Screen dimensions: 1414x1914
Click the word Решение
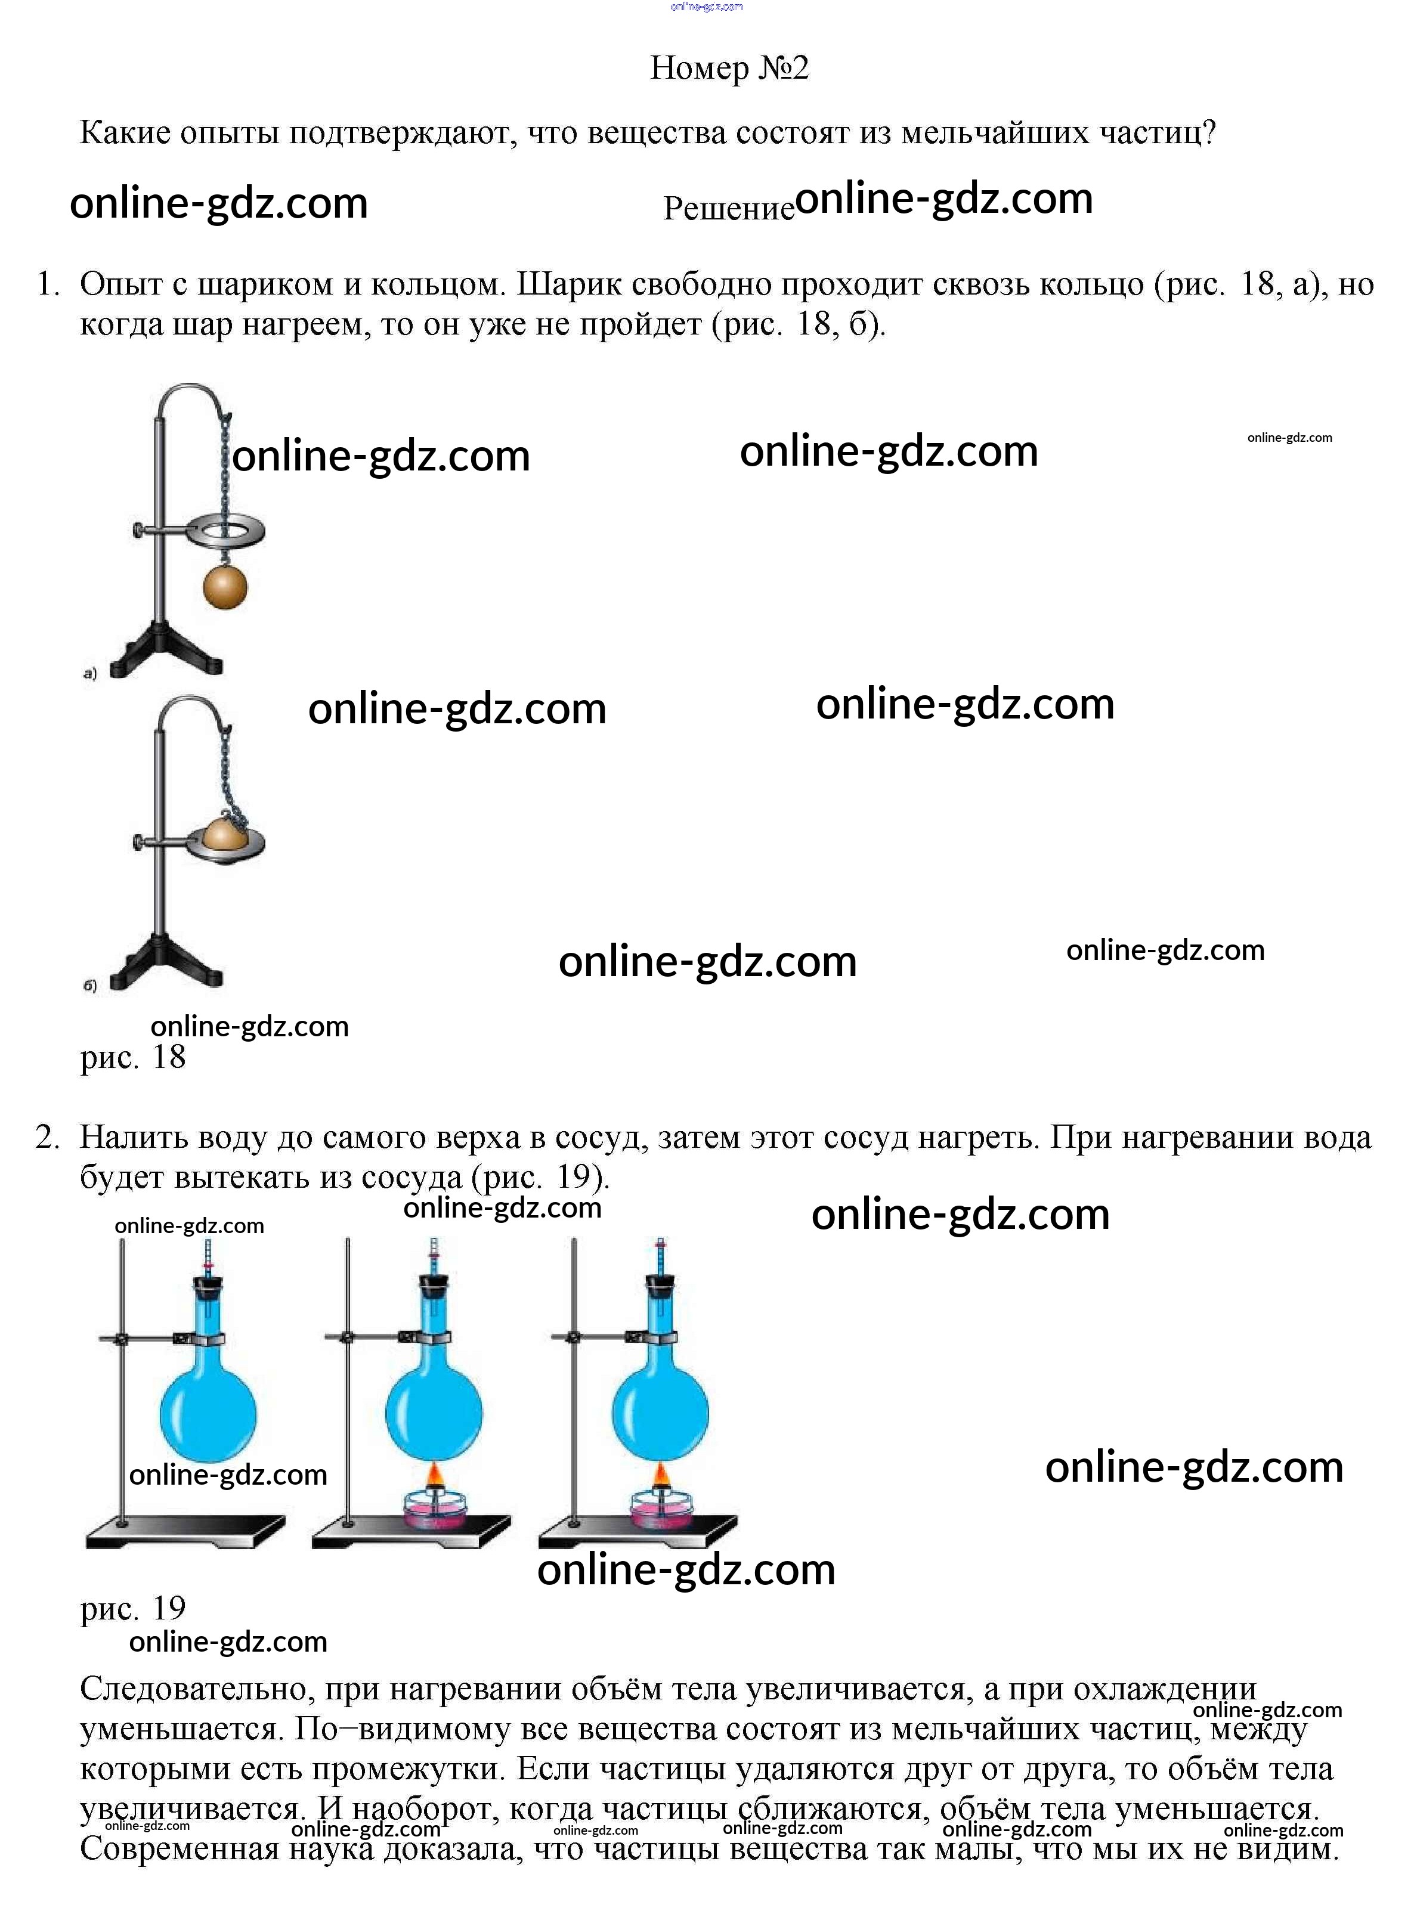click(x=728, y=208)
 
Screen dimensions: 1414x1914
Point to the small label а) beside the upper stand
click(x=91, y=673)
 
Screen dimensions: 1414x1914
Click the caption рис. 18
click(x=132, y=1058)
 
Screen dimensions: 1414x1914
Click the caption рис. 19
click(x=132, y=1609)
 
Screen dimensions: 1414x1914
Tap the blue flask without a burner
click(x=208, y=1413)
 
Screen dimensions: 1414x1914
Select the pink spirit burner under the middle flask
click(x=435, y=1510)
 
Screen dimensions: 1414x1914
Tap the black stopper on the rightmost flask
click(x=660, y=1285)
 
